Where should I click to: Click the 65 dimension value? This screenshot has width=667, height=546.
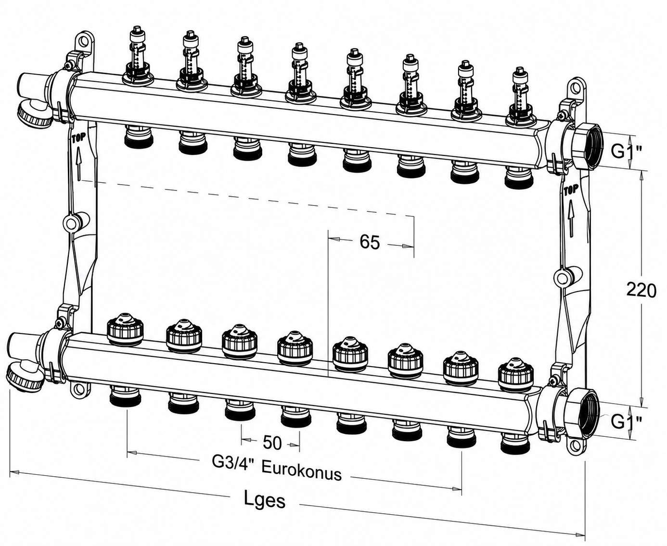click(370, 242)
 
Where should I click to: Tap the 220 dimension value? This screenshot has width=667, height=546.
click(641, 291)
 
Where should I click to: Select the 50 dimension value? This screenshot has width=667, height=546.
click(272, 443)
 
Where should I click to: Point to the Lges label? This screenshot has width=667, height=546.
click(265, 500)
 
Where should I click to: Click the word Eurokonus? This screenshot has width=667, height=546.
click(302, 473)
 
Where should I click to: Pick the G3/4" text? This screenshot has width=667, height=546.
click(234, 463)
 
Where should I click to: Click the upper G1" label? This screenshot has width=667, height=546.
click(627, 151)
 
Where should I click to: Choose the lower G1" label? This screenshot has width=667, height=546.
click(627, 421)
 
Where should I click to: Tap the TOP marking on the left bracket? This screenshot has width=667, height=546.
click(78, 139)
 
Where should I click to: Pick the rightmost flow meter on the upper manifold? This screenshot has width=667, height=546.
click(521, 96)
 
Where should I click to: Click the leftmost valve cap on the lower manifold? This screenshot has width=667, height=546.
click(126, 330)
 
